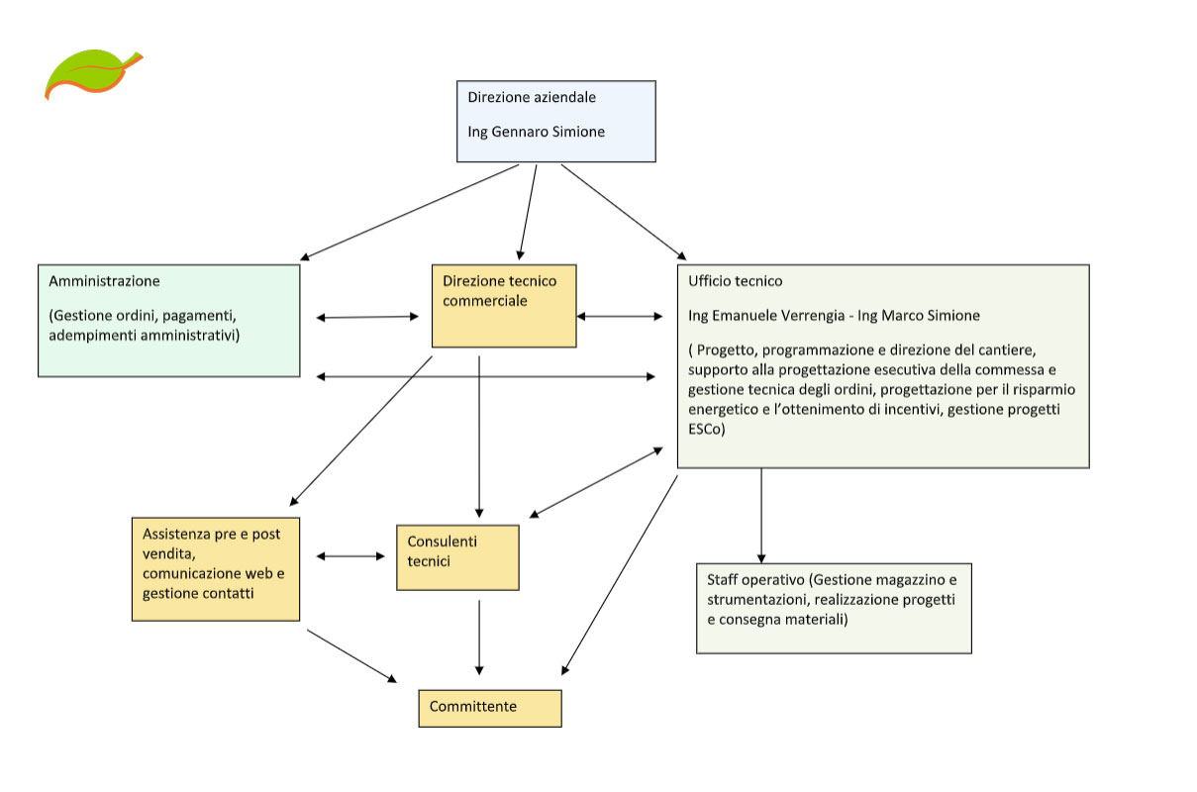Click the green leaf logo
[x=92, y=74]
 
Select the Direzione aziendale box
[x=556, y=122]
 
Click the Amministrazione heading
[x=104, y=281]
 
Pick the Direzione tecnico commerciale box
[x=504, y=306]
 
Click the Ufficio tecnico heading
[x=735, y=281]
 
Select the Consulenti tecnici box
[x=457, y=557]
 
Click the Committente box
[x=490, y=708]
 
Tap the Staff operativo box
[x=834, y=608]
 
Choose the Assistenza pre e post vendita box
[x=216, y=569]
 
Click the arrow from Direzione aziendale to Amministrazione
[x=409, y=213]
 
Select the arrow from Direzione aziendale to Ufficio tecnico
[x=624, y=212]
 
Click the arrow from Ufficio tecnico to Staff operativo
[x=761, y=516]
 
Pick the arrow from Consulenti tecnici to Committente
[x=479, y=638]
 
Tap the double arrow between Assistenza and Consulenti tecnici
[x=350, y=556]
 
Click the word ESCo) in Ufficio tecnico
[x=707, y=429]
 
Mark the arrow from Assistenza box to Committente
[x=351, y=656]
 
